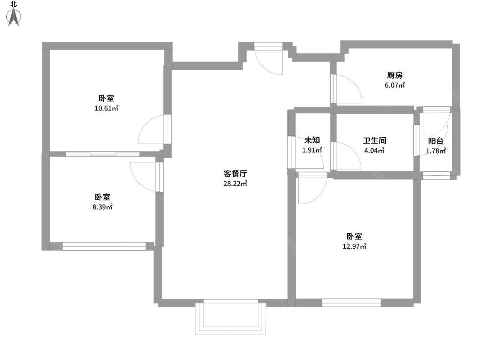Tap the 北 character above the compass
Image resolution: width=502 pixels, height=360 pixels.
pyautogui.click(x=14, y=4)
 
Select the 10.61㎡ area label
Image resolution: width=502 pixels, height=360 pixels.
pyautogui.click(x=106, y=108)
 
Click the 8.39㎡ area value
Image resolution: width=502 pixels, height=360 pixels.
pyautogui.click(x=102, y=207)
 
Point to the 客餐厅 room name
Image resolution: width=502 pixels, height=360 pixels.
pyautogui.click(x=235, y=174)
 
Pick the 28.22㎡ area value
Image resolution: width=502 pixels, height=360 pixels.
pyautogui.click(x=235, y=184)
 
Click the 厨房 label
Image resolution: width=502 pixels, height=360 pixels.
pyautogui.click(x=394, y=75)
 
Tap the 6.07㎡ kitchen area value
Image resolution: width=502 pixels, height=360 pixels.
pyautogui.click(x=394, y=85)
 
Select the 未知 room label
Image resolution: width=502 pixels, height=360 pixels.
pyautogui.click(x=312, y=140)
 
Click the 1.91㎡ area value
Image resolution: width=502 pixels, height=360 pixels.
pyautogui.click(x=312, y=150)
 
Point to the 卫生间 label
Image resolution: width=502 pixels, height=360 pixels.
pyautogui.click(x=374, y=141)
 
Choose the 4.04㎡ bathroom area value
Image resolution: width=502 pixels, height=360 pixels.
pyautogui.click(x=374, y=151)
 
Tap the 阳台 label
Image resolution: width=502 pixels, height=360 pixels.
pyautogui.click(x=435, y=141)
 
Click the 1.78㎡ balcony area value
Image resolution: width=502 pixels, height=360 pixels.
pyautogui.click(x=435, y=151)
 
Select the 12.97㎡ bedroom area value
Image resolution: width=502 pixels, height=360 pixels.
pyautogui.click(x=354, y=247)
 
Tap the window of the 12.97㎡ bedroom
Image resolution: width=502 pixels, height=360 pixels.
pyautogui.click(x=351, y=303)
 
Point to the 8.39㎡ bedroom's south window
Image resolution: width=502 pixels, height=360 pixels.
pyautogui.click(x=104, y=246)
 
